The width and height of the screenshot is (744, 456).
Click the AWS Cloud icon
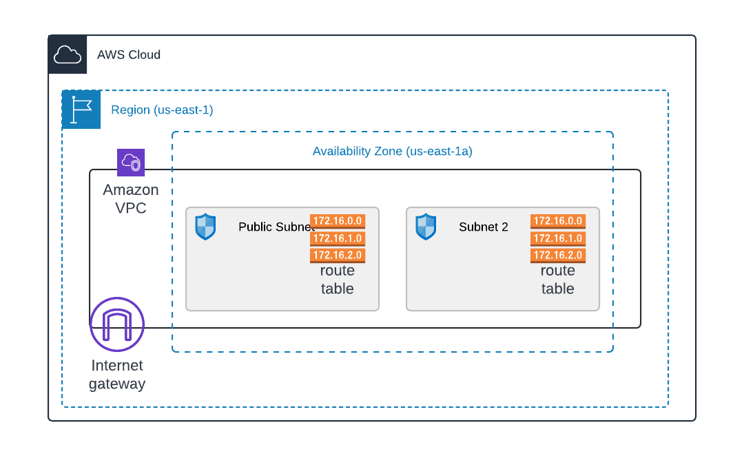pyautogui.click(x=68, y=54)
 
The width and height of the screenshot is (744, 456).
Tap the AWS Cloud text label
pyautogui.click(x=129, y=54)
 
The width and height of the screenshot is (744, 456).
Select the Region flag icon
pyautogui.click(x=81, y=110)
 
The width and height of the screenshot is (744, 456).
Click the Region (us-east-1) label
pyautogui.click(x=162, y=110)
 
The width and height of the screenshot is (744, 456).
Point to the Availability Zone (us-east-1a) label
pyautogui.click(x=392, y=151)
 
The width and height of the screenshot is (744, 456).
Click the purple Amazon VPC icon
pyautogui.click(x=131, y=163)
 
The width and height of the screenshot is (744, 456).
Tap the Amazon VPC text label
pyautogui.click(x=131, y=198)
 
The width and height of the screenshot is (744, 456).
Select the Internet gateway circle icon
pyautogui.click(x=117, y=324)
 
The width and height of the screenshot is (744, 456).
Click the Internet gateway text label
pyautogui.click(x=117, y=375)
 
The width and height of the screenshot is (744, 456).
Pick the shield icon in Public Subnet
pyautogui.click(x=205, y=227)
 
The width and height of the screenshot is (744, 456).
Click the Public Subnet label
pyautogui.click(x=274, y=227)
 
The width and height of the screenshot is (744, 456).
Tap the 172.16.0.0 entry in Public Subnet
pyautogui.click(x=338, y=221)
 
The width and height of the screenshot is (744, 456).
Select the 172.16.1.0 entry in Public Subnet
pyautogui.click(x=338, y=238)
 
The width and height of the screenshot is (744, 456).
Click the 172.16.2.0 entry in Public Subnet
pyautogui.click(x=338, y=256)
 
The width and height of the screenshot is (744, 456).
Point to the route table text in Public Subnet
pyautogui.click(x=338, y=280)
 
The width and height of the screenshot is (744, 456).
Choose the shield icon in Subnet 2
pyautogui.click(x=426, y=227)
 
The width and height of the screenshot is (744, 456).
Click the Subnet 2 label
pyautogui.click(x=484, y=227)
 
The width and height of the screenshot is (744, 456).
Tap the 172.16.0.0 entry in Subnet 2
pyautogui.click(x=558, y=221)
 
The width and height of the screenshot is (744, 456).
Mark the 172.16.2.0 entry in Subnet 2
pyautogui.click(x=558, y=256)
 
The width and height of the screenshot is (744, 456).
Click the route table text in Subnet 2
pyautogui.click(x=558, y=280)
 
